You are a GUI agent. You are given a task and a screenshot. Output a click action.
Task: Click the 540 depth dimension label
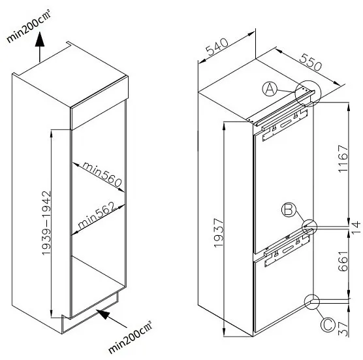click(x=217, y=47)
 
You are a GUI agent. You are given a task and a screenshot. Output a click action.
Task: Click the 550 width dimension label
click(x=311, y=62)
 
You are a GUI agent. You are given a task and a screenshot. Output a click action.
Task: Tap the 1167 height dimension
click(x=343, y=159)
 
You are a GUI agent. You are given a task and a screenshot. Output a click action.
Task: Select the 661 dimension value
click(x=343, y=261)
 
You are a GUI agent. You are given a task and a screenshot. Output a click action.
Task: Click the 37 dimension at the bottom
click(x=343, y=329)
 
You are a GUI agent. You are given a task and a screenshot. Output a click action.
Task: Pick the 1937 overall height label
click(x=219, y=233)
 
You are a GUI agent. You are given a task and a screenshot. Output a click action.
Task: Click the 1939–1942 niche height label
click(x=46, y=223)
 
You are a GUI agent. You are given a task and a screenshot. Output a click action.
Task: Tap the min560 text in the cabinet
click(x=102, y=174)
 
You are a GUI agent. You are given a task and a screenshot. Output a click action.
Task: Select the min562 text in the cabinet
click(x=97, y=215)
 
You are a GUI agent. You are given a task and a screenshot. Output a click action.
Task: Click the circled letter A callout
click(x=270, y=90)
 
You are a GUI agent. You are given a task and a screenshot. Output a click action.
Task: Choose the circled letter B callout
click(x=289, y=210)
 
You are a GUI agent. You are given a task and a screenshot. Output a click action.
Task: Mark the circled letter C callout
click(x=328, y=325)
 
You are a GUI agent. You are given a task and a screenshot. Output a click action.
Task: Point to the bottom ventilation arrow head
click(x=103, y=314)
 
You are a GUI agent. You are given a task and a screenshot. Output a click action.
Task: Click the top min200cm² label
click(x=29, y=26)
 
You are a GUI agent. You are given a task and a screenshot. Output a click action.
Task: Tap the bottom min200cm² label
click(x=130, y=337)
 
